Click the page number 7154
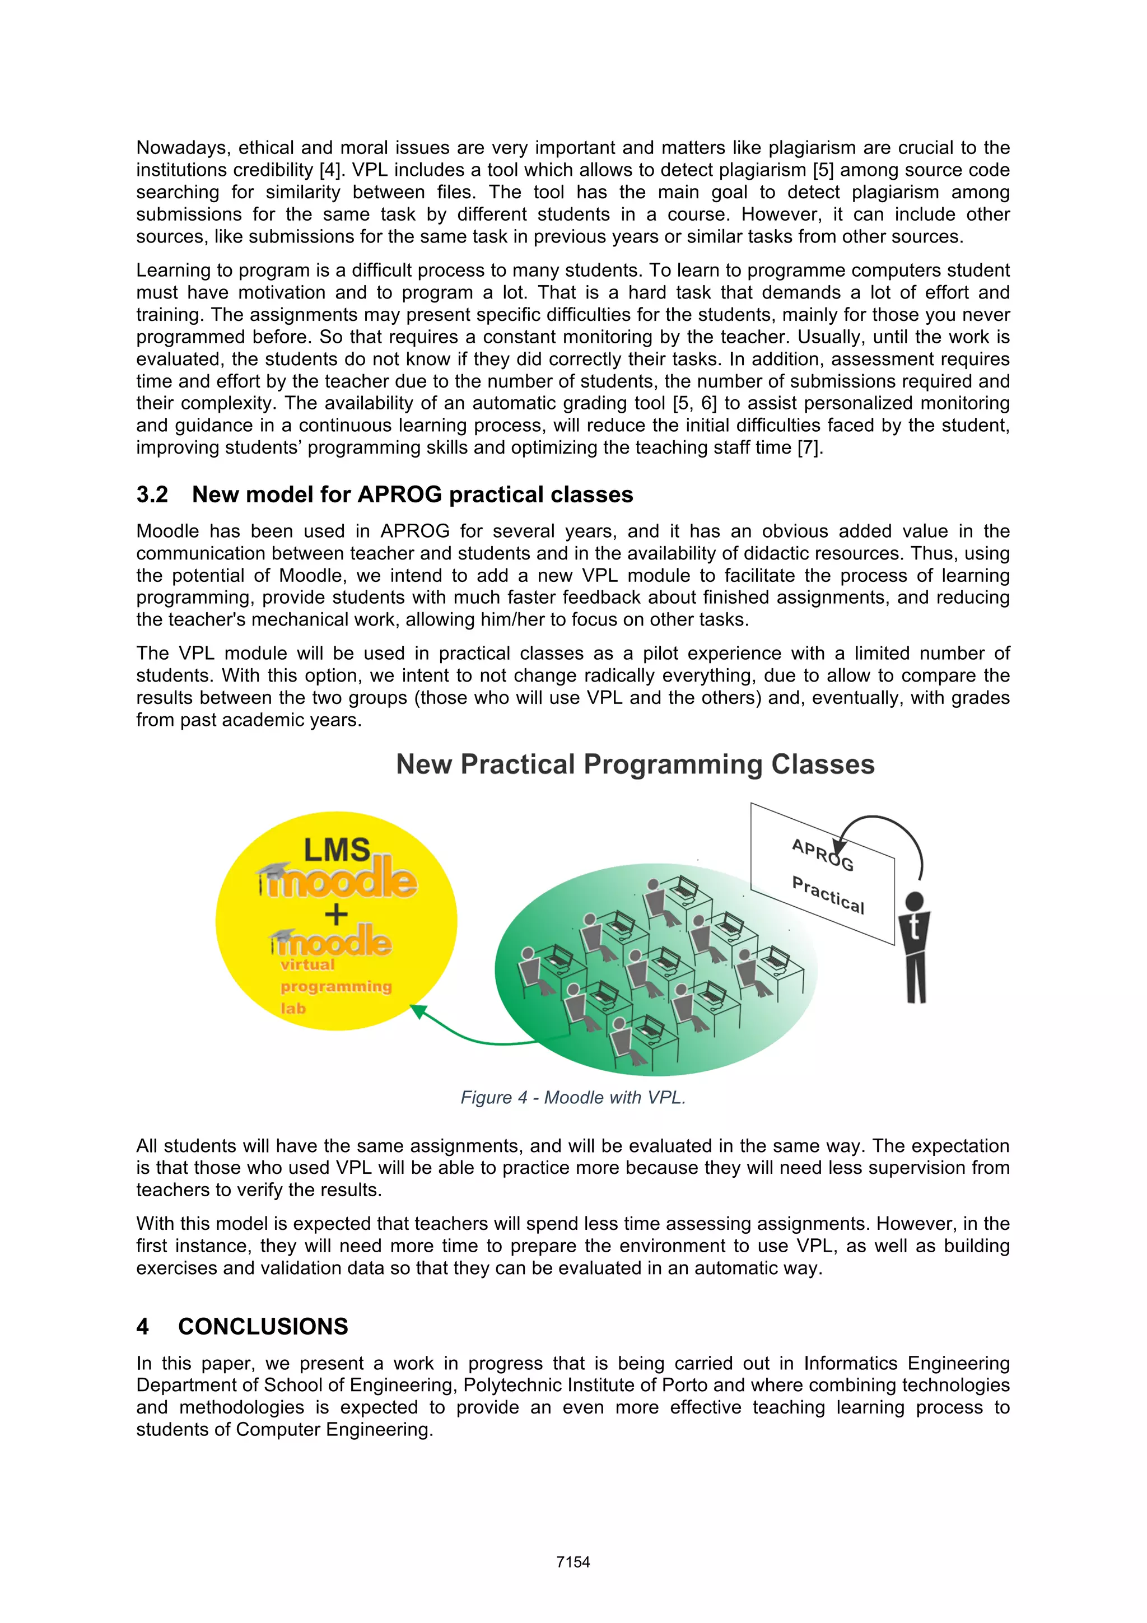click(572, 1562)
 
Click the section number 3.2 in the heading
click(152, 495)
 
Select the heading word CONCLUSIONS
click(263, 1326)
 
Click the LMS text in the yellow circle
click(337, 850)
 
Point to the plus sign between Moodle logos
click(337, 914)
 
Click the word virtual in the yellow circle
click(307, 965)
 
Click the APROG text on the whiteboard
click(822, 855)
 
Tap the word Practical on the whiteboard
click(828, 895)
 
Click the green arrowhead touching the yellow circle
click(418, 1011)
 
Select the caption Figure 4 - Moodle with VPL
click(572, 1097)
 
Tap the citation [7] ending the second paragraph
click(810, 447)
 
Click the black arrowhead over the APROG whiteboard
click(839, 847)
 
